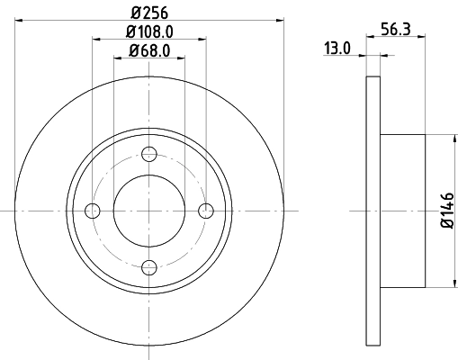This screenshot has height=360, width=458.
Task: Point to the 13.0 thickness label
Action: (337, 49)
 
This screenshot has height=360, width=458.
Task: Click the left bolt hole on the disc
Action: (92, 211)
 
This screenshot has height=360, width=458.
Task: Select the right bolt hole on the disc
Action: (206, 211)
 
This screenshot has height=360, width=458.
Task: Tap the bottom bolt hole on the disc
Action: (149, 266)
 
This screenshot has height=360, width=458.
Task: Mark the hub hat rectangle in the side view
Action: (402, 211)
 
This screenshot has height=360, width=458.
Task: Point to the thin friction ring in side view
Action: (373, 211)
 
